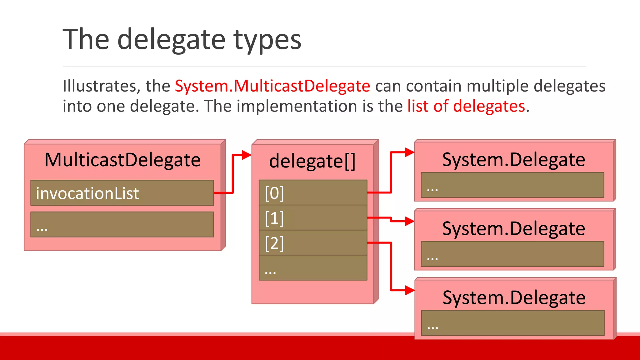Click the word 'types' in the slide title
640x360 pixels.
coord(267,40)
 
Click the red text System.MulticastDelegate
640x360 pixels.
coord(272,86)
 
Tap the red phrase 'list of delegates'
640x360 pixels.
coord(466,106)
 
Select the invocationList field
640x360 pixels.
coord(122,193)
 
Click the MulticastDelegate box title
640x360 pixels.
coord(122,160)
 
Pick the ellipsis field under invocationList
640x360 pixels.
coord(122,224)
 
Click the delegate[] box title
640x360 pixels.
coord(312,161)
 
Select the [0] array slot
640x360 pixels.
coord(313,192)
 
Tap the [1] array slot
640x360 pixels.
coord(313,218)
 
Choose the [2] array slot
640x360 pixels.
coord(313,243)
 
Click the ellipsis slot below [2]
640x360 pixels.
coord(313,268)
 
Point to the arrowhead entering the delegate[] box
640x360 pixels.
coord(247,155)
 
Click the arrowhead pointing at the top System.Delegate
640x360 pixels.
coord(409,152)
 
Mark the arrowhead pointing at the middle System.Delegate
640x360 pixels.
coord(409,221)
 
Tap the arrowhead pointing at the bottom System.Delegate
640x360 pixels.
coord(409,290)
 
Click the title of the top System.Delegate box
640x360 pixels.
coord(513,160)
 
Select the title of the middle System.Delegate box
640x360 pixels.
coord(513,229)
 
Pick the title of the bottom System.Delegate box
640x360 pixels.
coord(514,298)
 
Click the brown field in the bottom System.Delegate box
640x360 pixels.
coord(512,323)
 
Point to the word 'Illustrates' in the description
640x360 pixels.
coord(99,86)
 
